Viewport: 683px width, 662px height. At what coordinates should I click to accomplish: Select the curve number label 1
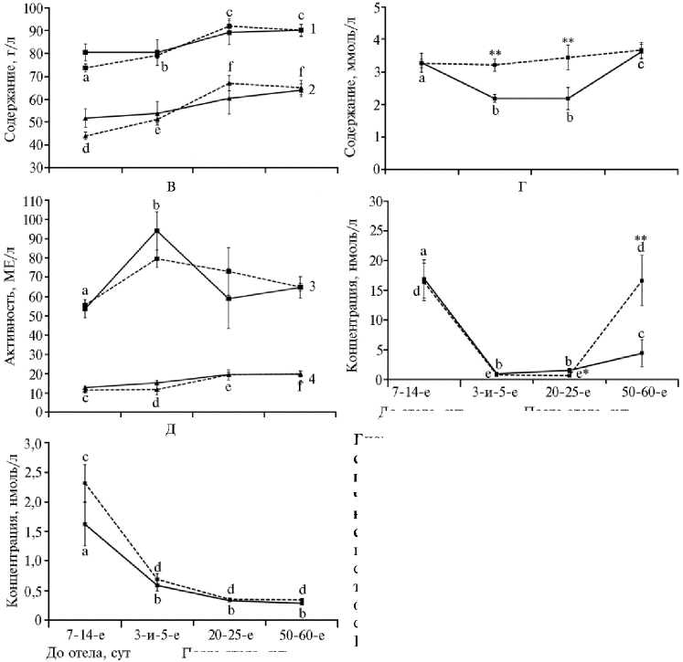[x=312, y=29]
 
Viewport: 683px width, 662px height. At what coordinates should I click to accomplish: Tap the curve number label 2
[x=312, y=89]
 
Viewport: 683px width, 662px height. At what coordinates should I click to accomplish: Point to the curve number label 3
[x=312, y=287]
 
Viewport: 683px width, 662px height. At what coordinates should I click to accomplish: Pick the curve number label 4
[x=312, y=377]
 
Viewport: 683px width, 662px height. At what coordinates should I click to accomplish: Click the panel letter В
[x=171, y=187]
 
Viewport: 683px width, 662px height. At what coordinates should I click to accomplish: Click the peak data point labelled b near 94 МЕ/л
[x=156, y=230]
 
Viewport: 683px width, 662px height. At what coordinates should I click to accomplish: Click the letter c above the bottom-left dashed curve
[x=85, y=457]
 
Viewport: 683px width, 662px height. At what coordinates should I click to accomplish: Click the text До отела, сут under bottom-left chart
[x=85, y=652]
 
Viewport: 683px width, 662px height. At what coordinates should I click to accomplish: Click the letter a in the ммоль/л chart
[x=422, y=79]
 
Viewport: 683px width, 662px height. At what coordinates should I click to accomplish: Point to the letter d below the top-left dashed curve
[x=85, y=148]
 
